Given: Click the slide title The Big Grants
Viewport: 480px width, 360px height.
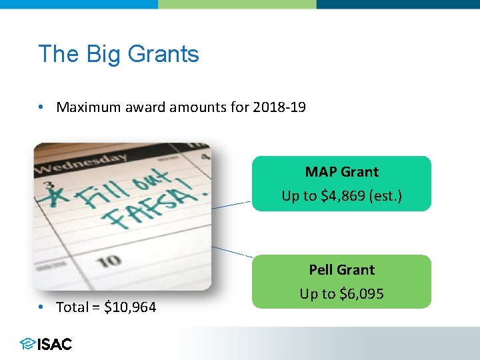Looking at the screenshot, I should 119,53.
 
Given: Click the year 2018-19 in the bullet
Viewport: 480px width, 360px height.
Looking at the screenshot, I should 279,107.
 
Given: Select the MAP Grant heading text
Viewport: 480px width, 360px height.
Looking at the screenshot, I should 341,171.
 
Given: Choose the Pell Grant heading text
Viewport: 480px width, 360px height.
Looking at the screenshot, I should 341,269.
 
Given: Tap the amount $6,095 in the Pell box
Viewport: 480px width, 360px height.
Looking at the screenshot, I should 361,294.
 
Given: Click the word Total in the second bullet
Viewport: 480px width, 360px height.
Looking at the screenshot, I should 72,307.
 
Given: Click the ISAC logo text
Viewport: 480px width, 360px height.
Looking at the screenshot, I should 55,344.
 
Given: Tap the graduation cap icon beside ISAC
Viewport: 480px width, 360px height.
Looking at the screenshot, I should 27,344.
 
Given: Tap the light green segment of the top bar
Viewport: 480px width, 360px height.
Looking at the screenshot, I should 237,4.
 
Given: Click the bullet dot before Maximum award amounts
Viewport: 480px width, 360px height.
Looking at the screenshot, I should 41,107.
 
